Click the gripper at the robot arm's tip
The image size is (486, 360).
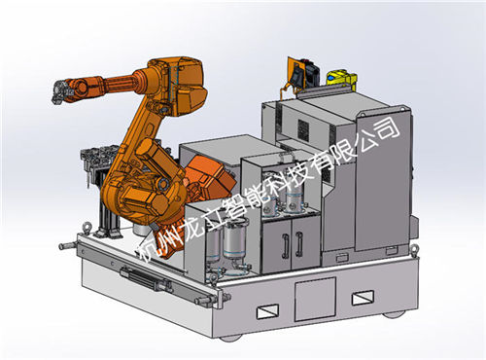60,92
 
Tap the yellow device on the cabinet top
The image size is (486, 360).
341,79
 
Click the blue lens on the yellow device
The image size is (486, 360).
330,78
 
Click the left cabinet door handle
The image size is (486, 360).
285,246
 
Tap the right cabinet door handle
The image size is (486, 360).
299,242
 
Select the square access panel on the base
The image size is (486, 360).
315,299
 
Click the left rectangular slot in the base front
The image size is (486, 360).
267,311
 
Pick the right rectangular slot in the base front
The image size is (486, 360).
363,297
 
